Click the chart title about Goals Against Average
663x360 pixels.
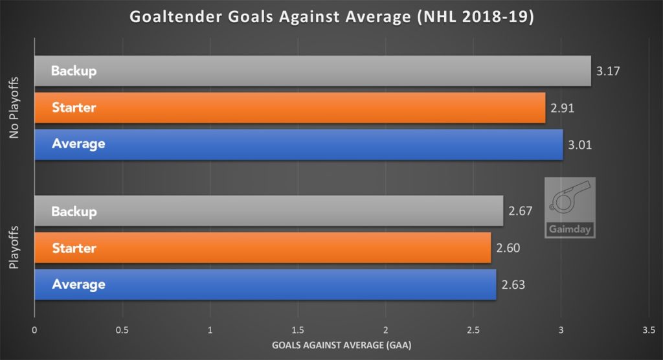331,17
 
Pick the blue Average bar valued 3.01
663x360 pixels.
298,144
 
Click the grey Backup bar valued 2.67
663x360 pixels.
268,212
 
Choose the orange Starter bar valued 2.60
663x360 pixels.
262,248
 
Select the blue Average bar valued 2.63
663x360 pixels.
265,284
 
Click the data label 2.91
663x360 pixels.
563,107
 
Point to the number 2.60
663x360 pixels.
508,247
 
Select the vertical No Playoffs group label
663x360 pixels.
15,107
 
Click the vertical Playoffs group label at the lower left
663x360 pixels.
15,248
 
